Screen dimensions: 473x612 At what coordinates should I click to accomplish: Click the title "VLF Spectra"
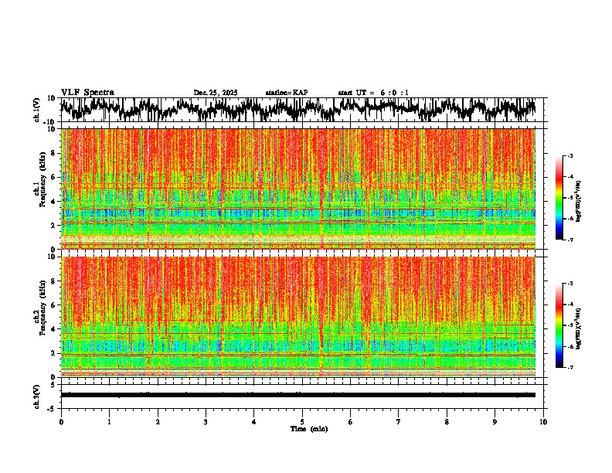coord(87,92)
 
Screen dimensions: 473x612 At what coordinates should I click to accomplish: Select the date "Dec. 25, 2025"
coord(216,93)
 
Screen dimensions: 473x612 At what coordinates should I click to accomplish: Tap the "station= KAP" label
coord(286,93)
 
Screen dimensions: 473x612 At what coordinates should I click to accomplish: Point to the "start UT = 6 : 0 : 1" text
coord(373,93)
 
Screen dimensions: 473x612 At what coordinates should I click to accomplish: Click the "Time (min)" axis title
coord(308,428)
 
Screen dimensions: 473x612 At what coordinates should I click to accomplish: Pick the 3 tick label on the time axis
coord(206,422)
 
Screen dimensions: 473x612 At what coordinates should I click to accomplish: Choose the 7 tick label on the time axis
coord(398,422)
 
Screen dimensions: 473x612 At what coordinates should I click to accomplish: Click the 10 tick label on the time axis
coord(543,422)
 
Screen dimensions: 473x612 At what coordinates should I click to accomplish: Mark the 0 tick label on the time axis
coord(61,422)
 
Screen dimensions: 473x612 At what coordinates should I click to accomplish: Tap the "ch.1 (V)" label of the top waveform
coord(38,110)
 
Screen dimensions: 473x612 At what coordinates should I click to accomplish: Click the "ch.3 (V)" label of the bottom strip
coord(38,394)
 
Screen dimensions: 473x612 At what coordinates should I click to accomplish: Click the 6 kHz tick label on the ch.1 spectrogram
coord(54,177)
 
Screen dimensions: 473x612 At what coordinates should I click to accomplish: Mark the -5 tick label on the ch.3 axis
coord(53,407)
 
